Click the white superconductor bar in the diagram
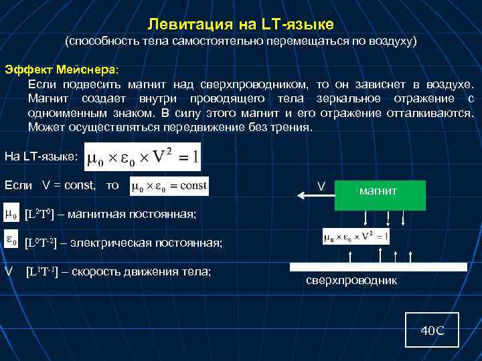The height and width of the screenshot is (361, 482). [x=378, y=267]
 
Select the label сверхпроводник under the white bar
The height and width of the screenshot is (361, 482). [x=351, y=281]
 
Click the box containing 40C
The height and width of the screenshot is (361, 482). [x=432, y=330]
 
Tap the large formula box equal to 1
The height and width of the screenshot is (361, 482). [x=143, y=156]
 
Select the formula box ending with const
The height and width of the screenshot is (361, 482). [x=170, y=185]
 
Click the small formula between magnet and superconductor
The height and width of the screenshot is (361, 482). [x=355, y=237]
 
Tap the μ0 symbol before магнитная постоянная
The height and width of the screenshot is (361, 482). [x=11, y=214]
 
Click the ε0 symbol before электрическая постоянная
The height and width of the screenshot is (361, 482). [x=11, y=241]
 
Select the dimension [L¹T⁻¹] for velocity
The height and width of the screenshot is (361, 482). [x=44, y=271]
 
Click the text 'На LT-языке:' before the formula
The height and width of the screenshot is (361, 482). [x=41, y=156]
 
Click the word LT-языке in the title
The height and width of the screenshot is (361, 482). [x=295, y=25]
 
